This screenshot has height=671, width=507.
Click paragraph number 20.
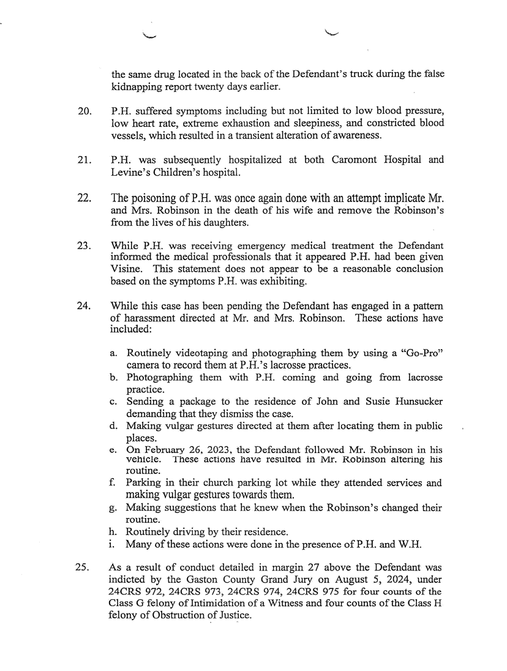click(x=85, y=113)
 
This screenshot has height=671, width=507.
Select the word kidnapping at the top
click(x=137, y=87)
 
